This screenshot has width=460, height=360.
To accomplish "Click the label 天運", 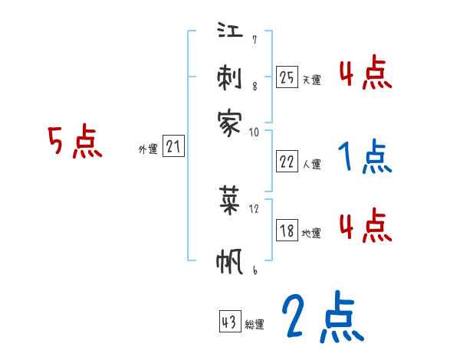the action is tap(311, 80).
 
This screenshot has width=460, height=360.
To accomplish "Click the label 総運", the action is tap(255, 325).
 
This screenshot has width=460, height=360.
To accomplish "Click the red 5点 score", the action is tap(75, 143).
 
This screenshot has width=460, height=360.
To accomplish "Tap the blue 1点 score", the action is tap(364, 158).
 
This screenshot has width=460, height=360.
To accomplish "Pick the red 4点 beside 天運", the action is tap(365, 74).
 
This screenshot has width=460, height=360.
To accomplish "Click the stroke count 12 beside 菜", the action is tap(255, 208).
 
